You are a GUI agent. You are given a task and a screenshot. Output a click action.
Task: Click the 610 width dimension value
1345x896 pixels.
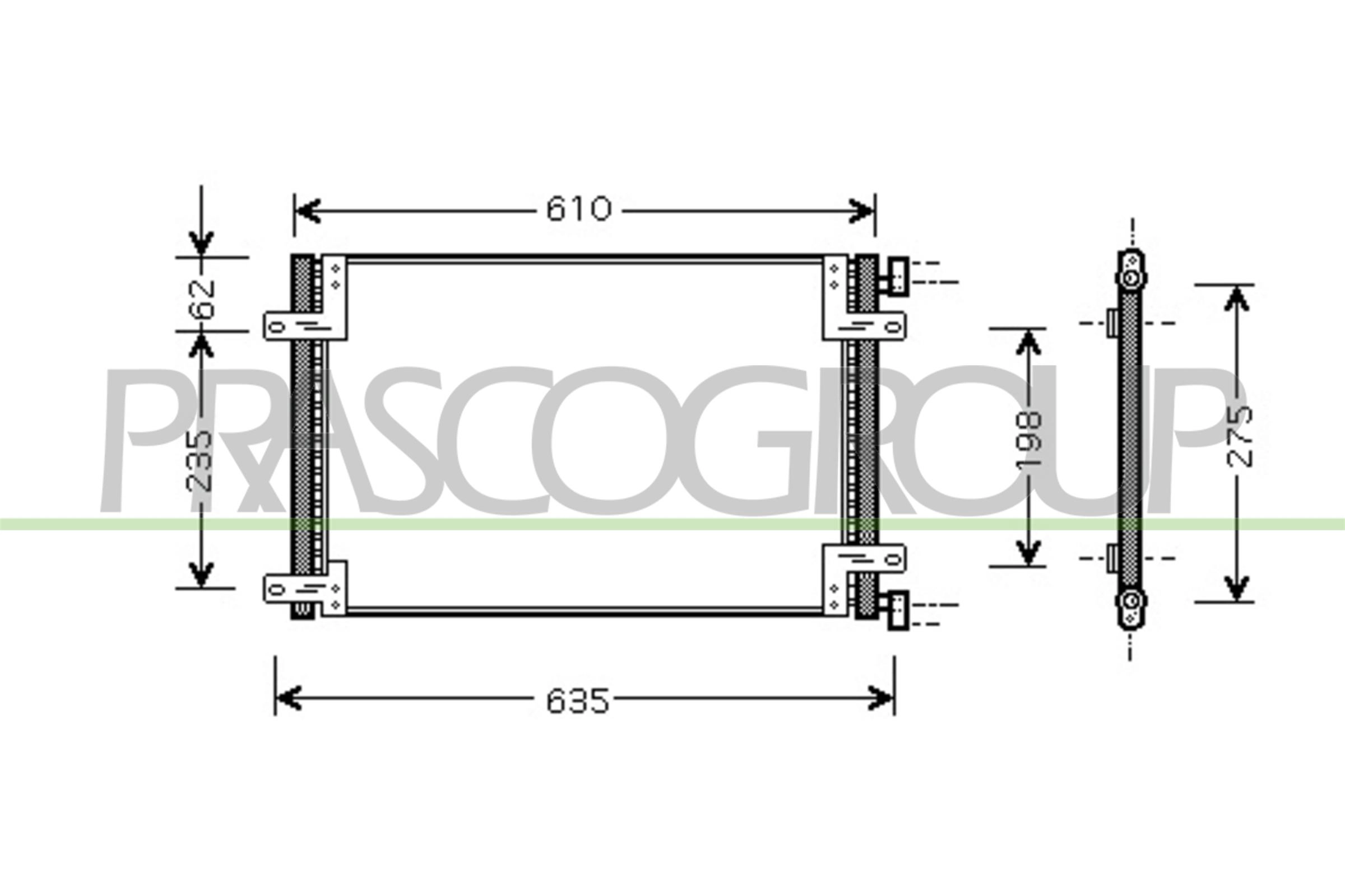pyautogui.click(x=579, y=209)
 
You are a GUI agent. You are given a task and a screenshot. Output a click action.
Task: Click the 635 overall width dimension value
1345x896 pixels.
pyautogui.click(x=578, y=701)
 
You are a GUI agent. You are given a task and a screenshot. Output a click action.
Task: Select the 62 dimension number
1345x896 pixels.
pyautogui.click(x=203, y=299)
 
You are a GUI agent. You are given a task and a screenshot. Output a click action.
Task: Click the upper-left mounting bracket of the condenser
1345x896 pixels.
pyautogui.click(x=305, y=326)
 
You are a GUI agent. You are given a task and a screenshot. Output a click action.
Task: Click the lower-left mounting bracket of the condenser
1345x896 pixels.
pyautogui.click(x=305, y=589)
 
